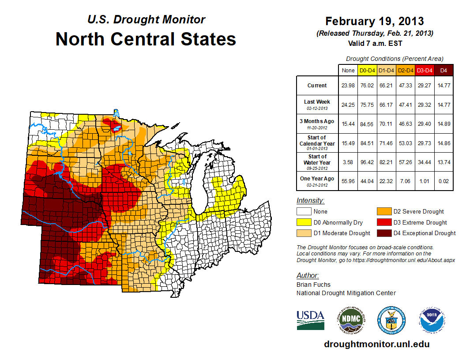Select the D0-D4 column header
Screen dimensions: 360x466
point(367,70)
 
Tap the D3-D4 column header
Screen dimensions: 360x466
point(425,70)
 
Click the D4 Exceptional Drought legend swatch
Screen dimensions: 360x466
point(383,233)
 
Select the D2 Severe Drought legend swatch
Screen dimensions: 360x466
point(383,211)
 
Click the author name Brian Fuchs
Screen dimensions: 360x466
point(313,285)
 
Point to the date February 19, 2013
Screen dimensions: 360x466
point(375,21)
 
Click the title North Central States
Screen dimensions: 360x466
point(146,39)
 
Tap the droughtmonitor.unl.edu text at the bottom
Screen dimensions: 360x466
point(376,344)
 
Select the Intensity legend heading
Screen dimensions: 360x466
point(310,201)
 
